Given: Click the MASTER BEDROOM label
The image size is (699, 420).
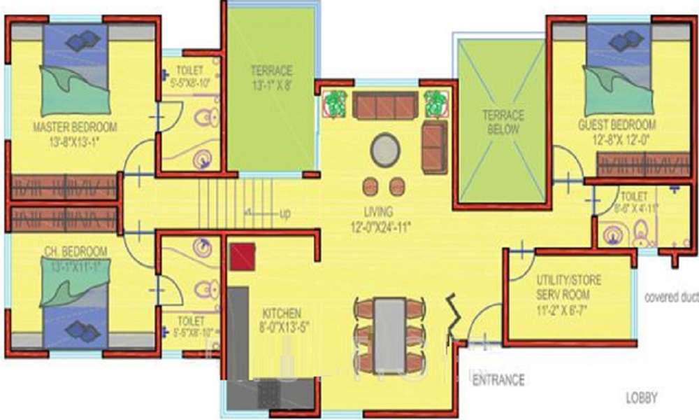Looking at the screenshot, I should pos(75,127).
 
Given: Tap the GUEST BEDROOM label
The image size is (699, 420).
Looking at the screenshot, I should pos(617,125).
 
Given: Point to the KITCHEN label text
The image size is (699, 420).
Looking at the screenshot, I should pos(282,312).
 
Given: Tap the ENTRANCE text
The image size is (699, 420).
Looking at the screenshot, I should pos(498,380).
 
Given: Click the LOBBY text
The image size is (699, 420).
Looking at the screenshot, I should pos(641,398).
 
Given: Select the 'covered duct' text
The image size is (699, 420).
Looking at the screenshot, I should pos(671,296).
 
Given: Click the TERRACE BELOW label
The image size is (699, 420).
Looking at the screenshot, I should pos(503,122).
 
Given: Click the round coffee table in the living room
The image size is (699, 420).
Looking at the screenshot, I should pos(387,149).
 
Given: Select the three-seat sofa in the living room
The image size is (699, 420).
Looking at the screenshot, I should pos(384,106).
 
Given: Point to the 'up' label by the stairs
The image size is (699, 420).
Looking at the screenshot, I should pos(285,213).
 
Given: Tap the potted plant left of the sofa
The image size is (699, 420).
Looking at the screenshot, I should pos(336,103).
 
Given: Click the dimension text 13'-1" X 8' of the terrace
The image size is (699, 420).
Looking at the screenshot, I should pos(271,85).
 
